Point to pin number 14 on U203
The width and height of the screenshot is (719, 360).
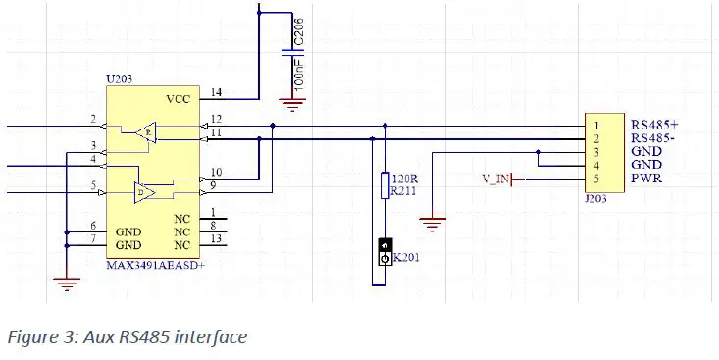pos(216,93)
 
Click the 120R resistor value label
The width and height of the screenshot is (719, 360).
pos(405,179)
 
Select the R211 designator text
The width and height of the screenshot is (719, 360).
pos(405,191)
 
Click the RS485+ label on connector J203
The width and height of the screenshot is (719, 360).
pos(654,125)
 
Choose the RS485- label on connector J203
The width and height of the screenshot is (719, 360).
pos(653,138)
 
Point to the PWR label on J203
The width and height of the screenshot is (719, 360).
pos(645,180)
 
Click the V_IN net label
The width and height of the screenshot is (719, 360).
pos(497,180)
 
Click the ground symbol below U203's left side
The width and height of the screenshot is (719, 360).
pos(66,284)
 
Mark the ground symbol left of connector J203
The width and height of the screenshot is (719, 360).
pos(433,227)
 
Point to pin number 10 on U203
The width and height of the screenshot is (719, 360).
pos(216,173)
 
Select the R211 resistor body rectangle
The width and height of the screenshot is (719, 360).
pos(385,185)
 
